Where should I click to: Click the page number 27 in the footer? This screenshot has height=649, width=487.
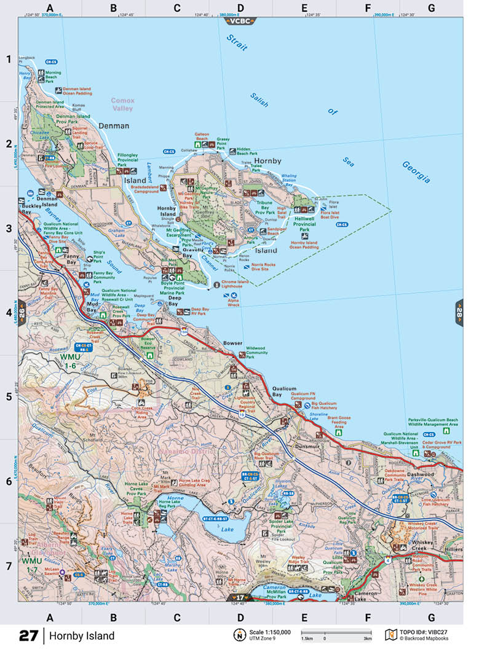point(28,635)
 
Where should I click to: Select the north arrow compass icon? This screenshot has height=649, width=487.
point(238,635)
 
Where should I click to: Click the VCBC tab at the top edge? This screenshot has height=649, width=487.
point(240,20)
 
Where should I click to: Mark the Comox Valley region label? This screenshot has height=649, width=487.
point(122,104)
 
